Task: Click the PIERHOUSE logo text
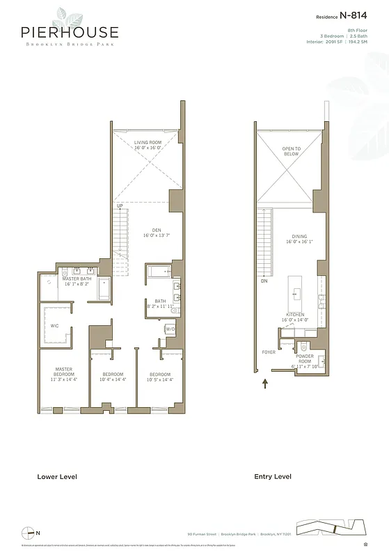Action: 69,32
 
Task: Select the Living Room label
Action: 148,145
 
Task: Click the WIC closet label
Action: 54,325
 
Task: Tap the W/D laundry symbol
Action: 170,329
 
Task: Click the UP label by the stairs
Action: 120,206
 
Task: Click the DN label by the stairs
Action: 264,281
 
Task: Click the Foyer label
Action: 269,352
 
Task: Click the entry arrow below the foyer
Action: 264,382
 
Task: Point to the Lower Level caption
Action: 57,477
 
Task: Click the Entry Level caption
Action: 273,477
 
